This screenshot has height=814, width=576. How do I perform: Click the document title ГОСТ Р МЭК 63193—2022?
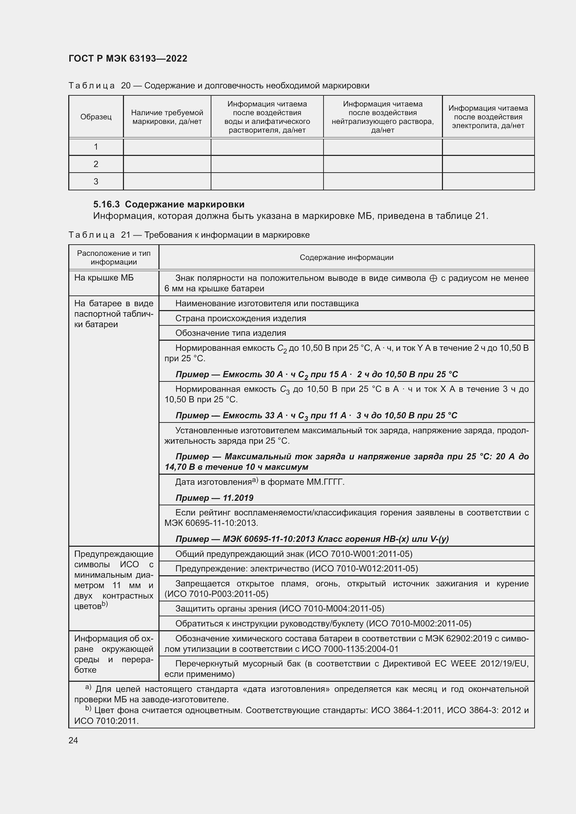pyautogui.click(x=128, y=58)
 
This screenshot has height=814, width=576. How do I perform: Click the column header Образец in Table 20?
pyautogui.click(x=96, y=117)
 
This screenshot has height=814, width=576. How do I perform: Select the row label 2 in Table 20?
pyautogui.click(x=96, y=164)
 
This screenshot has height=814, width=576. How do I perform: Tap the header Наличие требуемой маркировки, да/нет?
pyautogui.click(x=167, y=117)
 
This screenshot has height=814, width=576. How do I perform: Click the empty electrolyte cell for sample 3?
pyautogui.click(x=488, y=182)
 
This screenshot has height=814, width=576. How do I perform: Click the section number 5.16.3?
pyautogui.click(x=107, y=205)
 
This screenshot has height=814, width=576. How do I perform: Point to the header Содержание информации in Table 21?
pyautogui.click(x=347, y=258)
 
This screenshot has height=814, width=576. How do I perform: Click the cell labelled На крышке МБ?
pyautogui.click(x=104, y=278)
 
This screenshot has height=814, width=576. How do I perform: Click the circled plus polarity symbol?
pyautogui.click(x=433, y=279)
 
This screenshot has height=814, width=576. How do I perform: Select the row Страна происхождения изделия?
pyautogui.click(x=241, y=318)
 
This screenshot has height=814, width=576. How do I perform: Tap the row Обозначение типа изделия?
pyautogui.click(x=231, y=333)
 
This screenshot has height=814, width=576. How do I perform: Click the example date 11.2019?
pyautogui.click(x=238, y=498)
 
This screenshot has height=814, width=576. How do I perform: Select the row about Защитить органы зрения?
pyautogui.click(x=280, y=609)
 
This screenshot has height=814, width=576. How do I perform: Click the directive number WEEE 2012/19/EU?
pyautogui.click(x=489, y=664)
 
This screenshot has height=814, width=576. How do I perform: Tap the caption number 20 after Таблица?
pyautogui.click(x=126, y=86)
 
